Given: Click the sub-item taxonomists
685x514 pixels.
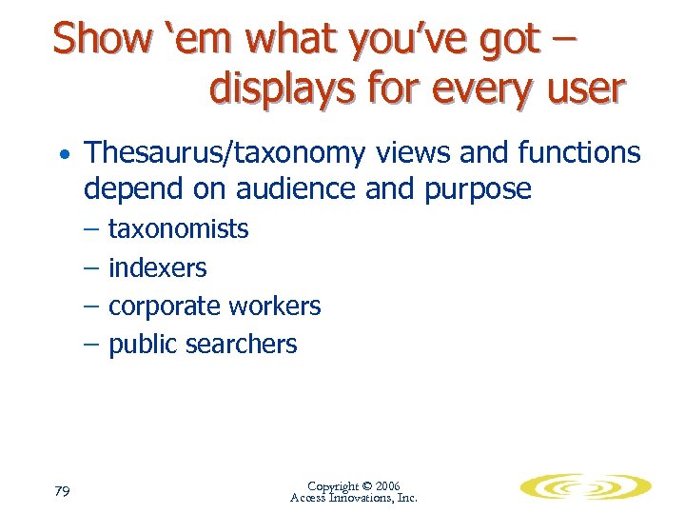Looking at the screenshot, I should click(x=179, y=229).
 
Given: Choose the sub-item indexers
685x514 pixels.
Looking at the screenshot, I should click(x=158, y=268).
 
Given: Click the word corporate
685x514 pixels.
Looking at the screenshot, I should click(x=163, y=306).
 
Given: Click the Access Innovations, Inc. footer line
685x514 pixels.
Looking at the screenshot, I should click(x=353, y=498).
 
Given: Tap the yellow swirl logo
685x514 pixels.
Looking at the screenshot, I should click(x=585, y=487).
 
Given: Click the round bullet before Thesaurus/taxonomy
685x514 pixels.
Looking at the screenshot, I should click(x=62, y=155).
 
